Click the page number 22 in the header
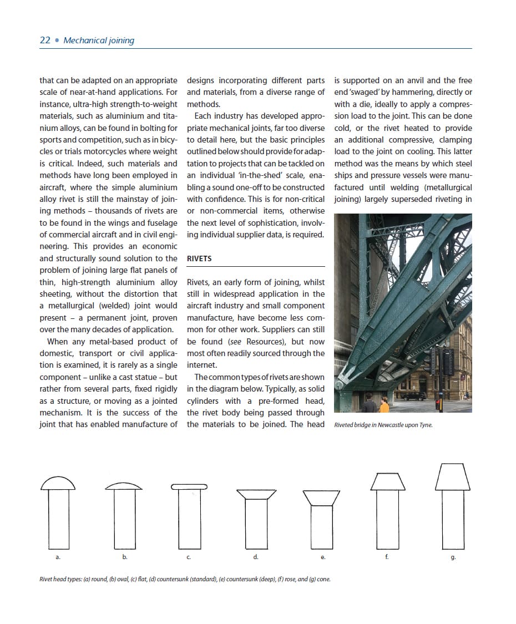pyautogui.click(x=45, y=40)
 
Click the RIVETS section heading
pyautogui.click(x=199, y=258)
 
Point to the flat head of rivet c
pyautogui.click(x=189, y=487)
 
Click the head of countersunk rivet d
pyautogui.click(x=256, y=494)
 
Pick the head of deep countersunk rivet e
pyautogui.click(x=322, y=498)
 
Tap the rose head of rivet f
pyautogui.click(x=387, y=481)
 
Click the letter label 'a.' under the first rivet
pyautogui.click(x=58, y=556)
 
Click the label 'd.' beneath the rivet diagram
pyautogui.click(x=255, y=556)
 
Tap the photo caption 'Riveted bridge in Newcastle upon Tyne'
pyautogui.click(x=383, y=425)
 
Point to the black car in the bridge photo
pyautogui.click(x=414, y=396)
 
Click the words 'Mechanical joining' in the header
pyautogui.click(x=99, y=40)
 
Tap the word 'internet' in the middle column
pyautogui.click(x=202, y=366)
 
